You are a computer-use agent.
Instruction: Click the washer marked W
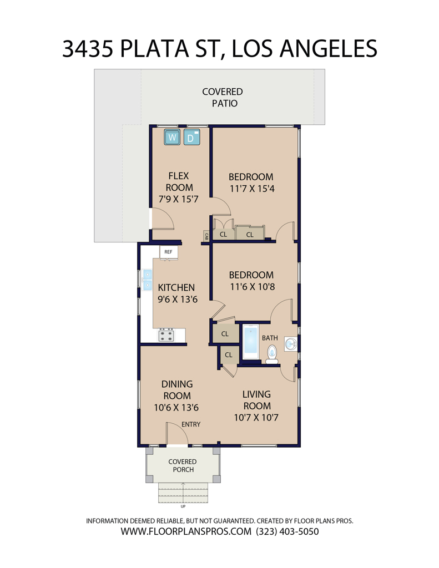click(x=172, y=137)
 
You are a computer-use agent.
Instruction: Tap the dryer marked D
click(x=192, y=137)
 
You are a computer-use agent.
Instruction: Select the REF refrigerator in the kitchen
click(x=169, y=252)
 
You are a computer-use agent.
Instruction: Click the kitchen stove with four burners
click(x=166, y=335)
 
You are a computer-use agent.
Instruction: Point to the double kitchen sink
click(x=147, y=280)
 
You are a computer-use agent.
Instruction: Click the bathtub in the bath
click(x=251, y=342)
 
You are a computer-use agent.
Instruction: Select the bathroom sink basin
click(x=291, y=344)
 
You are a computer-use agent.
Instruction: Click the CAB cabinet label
click(x=206, y=236)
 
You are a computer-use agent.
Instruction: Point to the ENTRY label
click(x=191, y=424)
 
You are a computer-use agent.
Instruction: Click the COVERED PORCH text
click(x=183, y=465)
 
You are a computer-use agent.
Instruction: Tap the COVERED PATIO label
click(x=223, y=98)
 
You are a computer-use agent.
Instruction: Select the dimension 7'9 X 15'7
click(x=178, y=199)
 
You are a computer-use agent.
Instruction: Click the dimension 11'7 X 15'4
click(x=252, y=189)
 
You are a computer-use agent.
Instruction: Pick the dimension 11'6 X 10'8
click(x=253, y=287)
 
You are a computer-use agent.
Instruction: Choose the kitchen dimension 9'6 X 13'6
click(x=178, y=300)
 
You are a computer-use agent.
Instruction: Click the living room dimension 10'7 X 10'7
click(x=256, y=418)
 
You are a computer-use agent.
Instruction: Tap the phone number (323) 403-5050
click(x=287, y=531)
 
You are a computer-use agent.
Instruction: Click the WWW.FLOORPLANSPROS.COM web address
click(x=186, y=531)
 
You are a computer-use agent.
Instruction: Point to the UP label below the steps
click(x=183, y=506)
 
